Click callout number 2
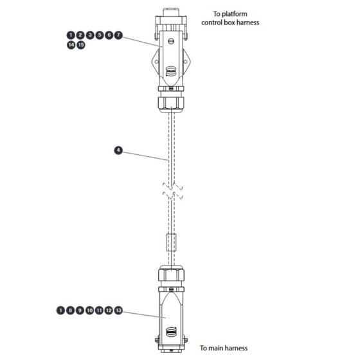[x=80, y=35]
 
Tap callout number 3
[x=90, y=35]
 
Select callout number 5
[x=100, y=35]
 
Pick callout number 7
[x=118, y=35]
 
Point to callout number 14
[x=71, y=45]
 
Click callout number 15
[x=81, y=45]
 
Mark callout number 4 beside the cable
[x=118, y=150]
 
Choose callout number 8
[x=70, y=310]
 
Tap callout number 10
[x=89, y=310]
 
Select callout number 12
[x=109, y=310]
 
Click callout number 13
[x=118, y=310]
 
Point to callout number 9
[x=80, y=310]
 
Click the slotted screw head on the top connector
[x=171, y=41]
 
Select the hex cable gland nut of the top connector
[x=171, y=103]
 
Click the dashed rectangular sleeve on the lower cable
[x=171, y=242]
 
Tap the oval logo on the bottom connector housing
[x=171, y=332]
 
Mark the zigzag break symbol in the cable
[x=173, y=191]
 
